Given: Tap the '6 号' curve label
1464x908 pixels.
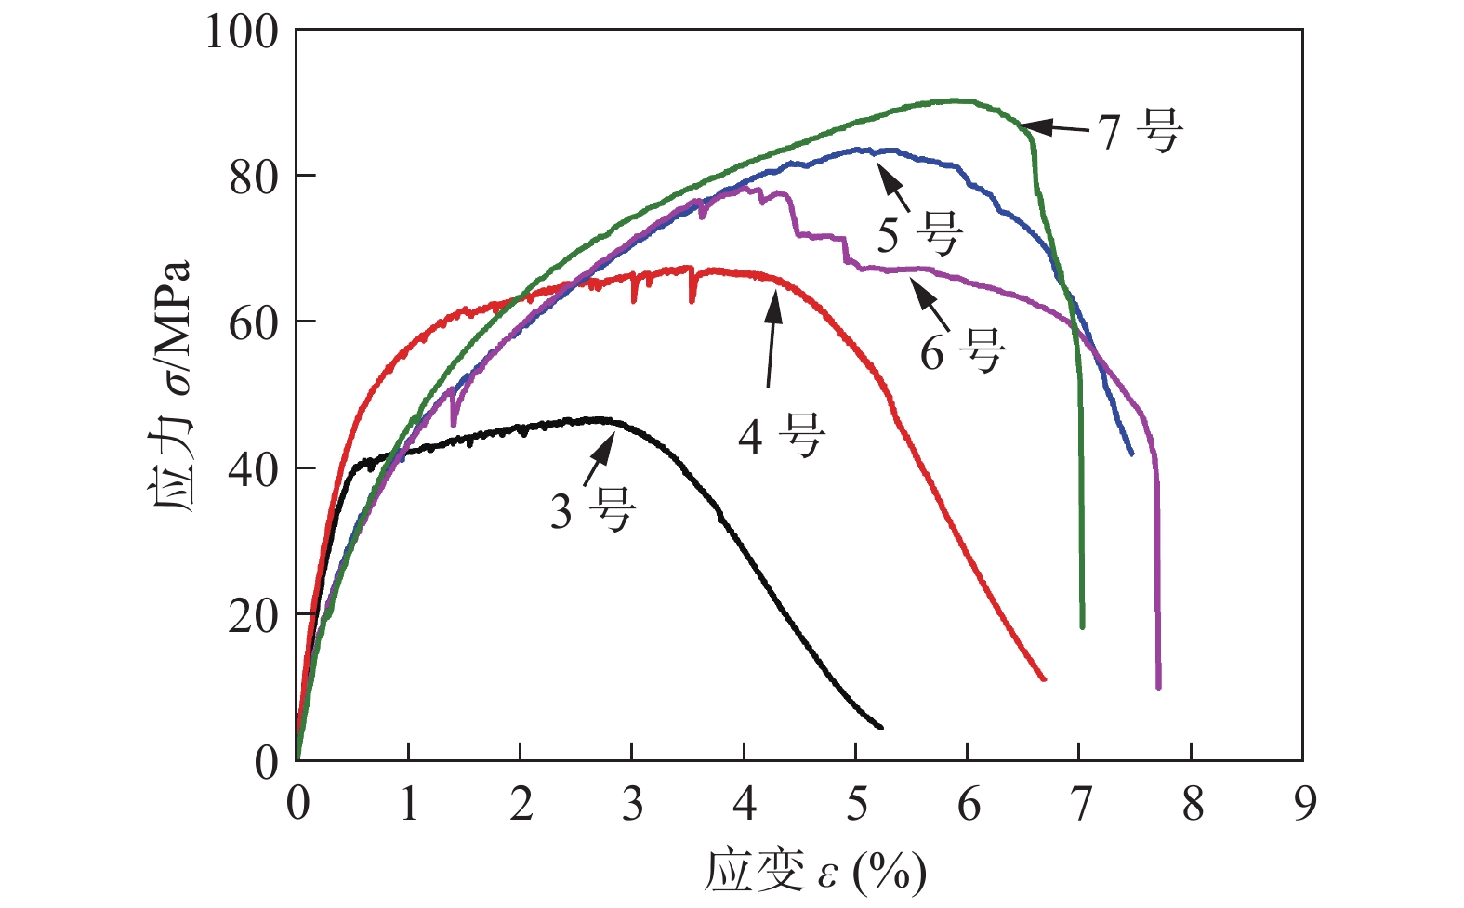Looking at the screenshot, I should (x=963, y=351).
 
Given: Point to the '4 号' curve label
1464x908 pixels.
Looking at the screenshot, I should (x=782, y=435).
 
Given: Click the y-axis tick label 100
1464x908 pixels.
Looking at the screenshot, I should (x=242, y=33).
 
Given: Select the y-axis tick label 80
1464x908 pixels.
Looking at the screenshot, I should (x=254, y=177).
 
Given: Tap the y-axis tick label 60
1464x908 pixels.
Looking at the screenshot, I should (x=254, y=322).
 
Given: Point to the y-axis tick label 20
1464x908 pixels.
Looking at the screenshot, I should (x=254, y=615).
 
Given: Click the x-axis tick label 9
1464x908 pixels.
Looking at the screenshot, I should (x=1304, y=805).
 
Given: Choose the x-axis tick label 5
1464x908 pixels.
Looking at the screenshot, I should (x=857, y=805).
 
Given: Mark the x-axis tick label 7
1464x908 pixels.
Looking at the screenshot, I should (x=1080, y=805).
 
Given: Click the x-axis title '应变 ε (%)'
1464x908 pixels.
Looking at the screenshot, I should (x=815, y=872).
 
